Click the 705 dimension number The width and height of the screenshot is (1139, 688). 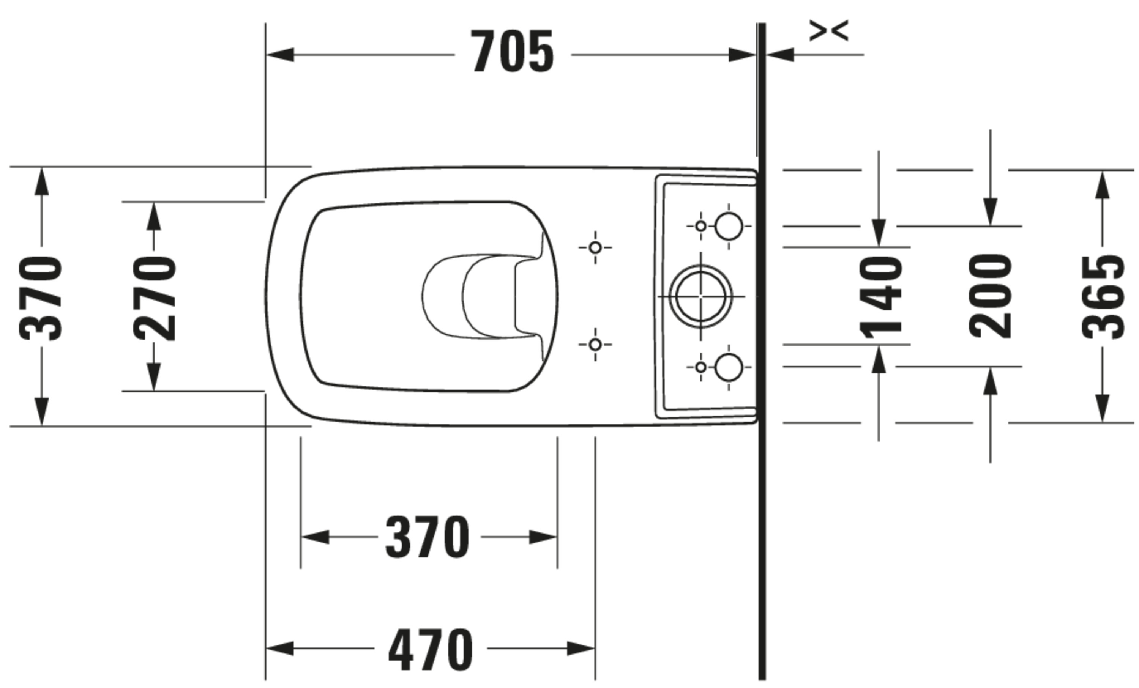point(512,51)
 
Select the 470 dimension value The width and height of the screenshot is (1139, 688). point(431,649)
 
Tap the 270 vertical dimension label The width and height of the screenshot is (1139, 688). point(155,299)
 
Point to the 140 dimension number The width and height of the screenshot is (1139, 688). point(880,298)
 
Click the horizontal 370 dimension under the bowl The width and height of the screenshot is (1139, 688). point(427,537)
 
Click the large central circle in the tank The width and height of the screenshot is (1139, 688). point(700,296)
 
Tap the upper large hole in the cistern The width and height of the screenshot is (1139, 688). point(729,227)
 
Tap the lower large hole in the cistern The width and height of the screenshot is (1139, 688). point(729,367)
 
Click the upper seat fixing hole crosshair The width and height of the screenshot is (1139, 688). point(595,248)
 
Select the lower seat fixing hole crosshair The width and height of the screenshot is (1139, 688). point(595,345)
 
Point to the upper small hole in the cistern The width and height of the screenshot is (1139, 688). point(701,227)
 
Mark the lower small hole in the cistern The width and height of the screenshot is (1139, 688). point(701,367)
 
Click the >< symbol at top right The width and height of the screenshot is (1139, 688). point(829,30)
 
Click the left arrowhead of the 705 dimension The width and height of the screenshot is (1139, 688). point(280,55)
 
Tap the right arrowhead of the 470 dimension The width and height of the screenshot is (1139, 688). point(581,648)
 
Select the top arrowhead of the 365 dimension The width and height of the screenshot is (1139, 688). point(1103,185)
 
